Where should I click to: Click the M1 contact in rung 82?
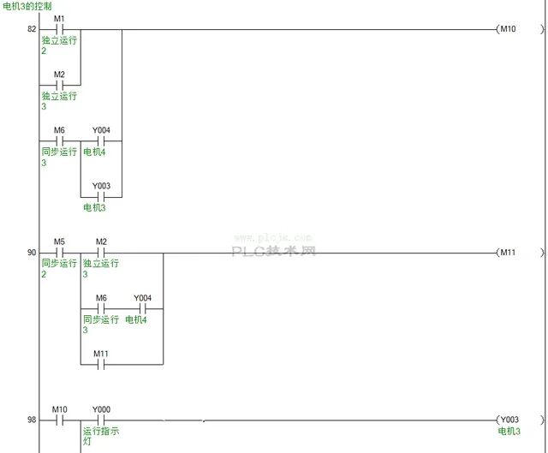(59, 29)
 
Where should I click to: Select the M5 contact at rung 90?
(59, 253)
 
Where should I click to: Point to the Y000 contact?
(100, 420)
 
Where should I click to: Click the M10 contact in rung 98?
(59, 420)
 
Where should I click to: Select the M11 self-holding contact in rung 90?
(100, 364)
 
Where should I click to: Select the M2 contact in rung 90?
(100, 253)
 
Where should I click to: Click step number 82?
(32, 29)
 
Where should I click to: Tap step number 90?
(32, 253)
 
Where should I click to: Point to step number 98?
(32, 420)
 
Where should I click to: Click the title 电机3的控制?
(28, 6)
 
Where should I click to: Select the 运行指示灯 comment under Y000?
(100, 435)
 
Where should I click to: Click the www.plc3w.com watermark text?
(273, 238)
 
